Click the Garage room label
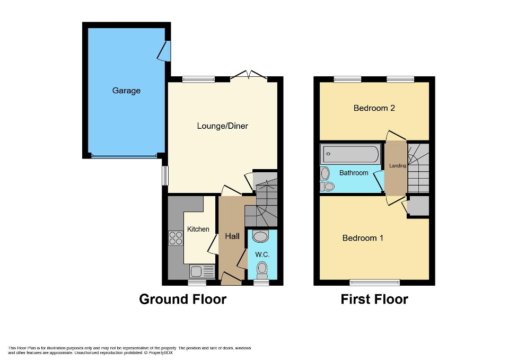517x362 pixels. point(126,91)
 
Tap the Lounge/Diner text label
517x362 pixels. point(222,126)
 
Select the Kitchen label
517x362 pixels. point(198,229)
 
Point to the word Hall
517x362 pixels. point(232,236)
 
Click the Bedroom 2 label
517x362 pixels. point(374,108)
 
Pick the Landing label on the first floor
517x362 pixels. point(398,166)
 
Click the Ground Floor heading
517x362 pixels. point(182,299)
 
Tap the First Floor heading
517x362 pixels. point(374,299)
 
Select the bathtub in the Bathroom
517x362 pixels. point(350,154)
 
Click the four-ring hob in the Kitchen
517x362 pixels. point(176,239)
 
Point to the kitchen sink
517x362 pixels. point(201,271)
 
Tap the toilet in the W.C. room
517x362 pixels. point(261,270)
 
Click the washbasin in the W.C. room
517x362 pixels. point(261,236)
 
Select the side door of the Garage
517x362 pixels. point(165,51)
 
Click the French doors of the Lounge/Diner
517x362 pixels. point(249,75)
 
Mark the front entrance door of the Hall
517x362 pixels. point(230,278)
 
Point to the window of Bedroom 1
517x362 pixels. point(374,282)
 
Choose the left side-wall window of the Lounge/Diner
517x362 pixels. point(165,176)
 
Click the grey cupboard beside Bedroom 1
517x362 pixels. point(417,206)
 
